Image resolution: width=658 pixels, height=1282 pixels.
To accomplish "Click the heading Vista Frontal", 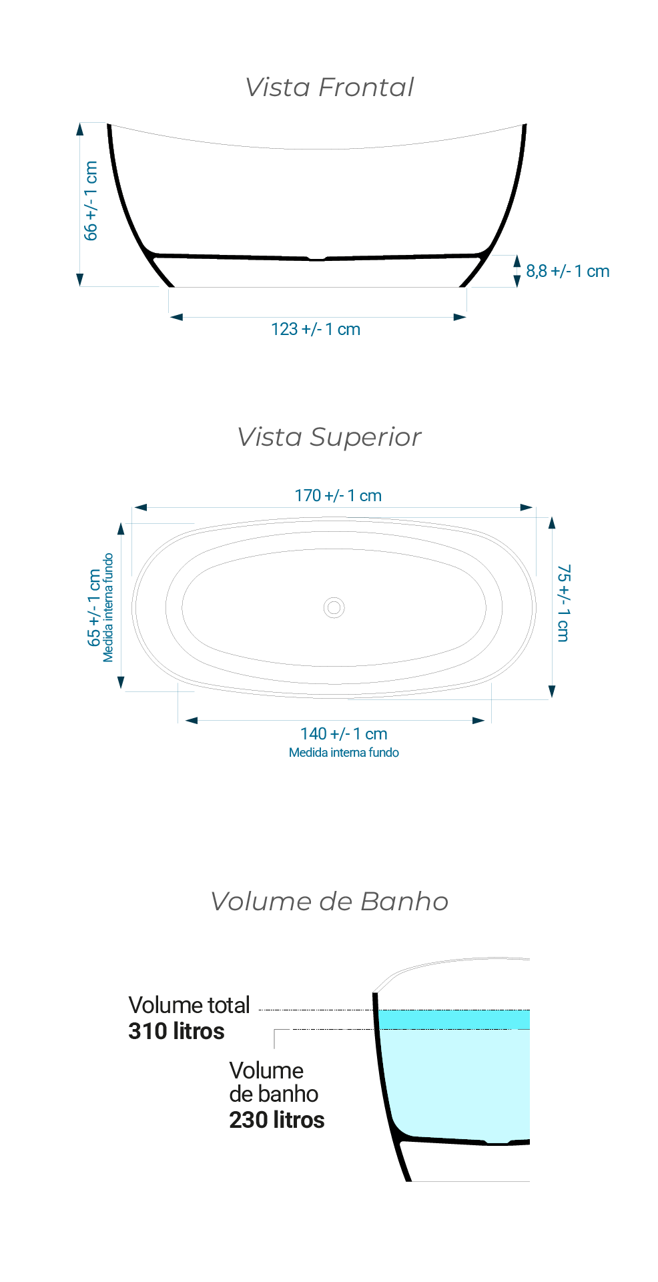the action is pyautogui.click(x=329, y=87).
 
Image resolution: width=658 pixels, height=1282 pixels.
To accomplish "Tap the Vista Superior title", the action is pyautogui.click(x=329, y=437).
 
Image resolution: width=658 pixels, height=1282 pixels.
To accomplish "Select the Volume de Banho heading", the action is pyautogui.click(x=329, y=902).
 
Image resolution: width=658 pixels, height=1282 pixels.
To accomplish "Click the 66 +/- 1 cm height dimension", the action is pyautogui.click(x=91, y=200).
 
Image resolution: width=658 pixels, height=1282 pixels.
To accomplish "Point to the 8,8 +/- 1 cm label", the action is pyautogui.click(x=568, y=271).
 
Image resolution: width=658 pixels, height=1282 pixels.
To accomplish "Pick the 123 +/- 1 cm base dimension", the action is pyautogui.click(x=316, y=329).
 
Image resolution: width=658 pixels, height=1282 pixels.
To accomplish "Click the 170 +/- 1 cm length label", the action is pyautogui.click(x=338, y=496).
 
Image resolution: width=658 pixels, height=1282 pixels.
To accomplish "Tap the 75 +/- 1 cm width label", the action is pyautogui.click(x=564, y=603).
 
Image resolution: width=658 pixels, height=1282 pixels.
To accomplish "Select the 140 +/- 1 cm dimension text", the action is pyautogui.click(x=344, y=734).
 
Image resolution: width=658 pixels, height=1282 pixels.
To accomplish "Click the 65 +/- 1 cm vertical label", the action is pyautogui.click(x=94, y=607).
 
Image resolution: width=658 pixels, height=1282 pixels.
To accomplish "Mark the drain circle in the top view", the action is pyautogui.click(x=334, y=608).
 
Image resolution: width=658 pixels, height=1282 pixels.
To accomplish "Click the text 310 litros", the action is pyautogui.click(x=176, y=1031).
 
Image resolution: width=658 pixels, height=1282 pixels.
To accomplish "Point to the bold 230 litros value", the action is pyautogui.click(x=277, y=1120).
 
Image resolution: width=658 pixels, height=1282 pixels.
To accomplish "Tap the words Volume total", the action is pyautogui.click(x=190, y=1005).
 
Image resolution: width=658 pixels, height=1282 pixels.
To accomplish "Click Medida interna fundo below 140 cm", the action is pyautogui.click(x=344, y=753).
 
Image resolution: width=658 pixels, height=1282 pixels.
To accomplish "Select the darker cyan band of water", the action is pyautogui.click(x=454, y=1020).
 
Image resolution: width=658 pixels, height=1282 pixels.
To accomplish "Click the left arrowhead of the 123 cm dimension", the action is pyautogui.click(x=176, y=318).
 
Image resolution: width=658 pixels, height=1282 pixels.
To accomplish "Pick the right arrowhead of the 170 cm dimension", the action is pyautogui.click(x=527, y=508).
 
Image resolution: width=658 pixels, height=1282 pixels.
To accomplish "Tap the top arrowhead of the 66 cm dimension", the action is pyautogui.click(x=80, y=129).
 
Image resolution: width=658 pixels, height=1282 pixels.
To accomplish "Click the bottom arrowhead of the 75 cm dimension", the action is pyautogui.click(x=552, y=692).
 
